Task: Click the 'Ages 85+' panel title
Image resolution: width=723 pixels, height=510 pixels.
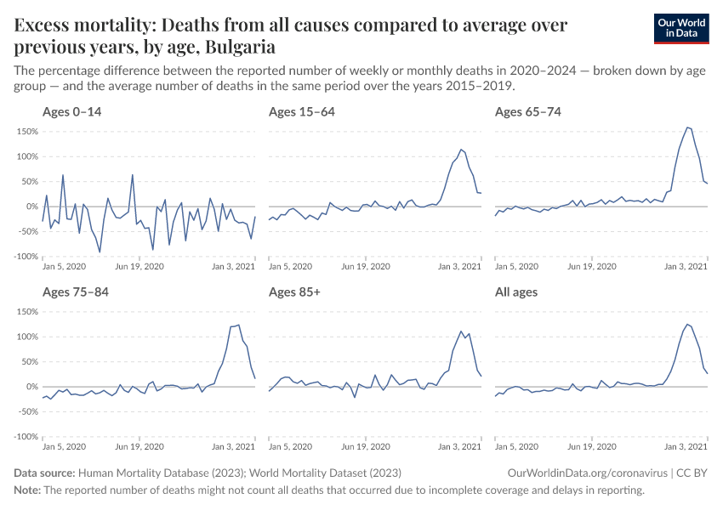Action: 293,292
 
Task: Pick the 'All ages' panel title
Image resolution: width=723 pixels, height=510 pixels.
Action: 516,292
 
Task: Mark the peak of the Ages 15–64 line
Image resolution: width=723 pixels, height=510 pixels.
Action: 460,150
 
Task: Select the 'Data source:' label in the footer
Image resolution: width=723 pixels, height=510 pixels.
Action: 44,473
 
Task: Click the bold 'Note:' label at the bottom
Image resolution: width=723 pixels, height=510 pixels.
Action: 27,490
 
